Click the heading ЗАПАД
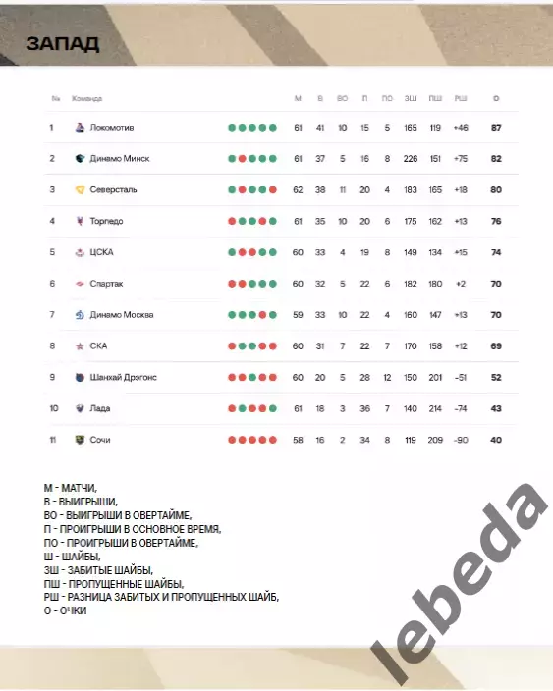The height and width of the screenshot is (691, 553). point(63,44)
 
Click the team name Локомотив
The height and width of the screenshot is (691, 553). point(112,128)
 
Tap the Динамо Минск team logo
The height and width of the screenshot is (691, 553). point(81,158)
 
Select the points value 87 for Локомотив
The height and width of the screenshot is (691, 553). point(496,128)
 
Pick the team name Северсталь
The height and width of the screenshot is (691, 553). point(113,189)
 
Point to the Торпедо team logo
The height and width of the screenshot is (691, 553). point(81,221)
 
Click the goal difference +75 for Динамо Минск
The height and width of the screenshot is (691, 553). point(461,158)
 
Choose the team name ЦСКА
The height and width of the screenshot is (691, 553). point(101,252)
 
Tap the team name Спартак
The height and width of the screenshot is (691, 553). point(107,284)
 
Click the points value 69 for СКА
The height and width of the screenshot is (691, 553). point(496,345)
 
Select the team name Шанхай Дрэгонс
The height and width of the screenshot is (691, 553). point(123,377)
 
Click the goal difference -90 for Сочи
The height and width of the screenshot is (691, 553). point(461,440)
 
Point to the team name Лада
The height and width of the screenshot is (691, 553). point(99,408)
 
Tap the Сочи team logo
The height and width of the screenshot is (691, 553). point(81,440)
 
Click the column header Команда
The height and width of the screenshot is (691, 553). point(87,99)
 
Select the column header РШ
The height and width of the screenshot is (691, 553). point(461,99)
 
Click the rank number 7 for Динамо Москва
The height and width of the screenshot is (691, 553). point(51,315)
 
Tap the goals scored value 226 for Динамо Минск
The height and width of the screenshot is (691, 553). point(411,158)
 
